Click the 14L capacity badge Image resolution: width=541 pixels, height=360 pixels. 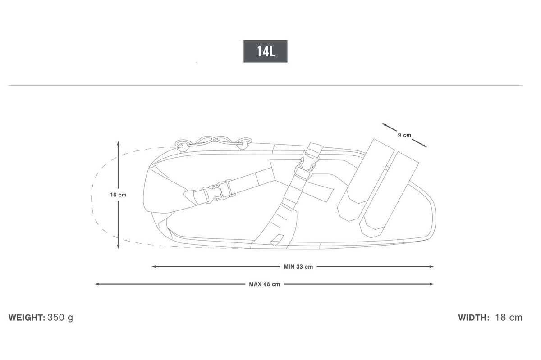(x=266, y=51)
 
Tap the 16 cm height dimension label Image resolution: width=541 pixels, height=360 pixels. (x=118, y=195)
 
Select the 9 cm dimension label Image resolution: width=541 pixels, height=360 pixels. (x=404, y=135)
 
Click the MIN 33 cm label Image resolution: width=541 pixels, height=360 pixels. (x=298, y=267)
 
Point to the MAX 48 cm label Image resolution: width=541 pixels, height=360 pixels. (x=265, y=284)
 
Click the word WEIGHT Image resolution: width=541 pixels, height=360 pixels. (x=27, y=318)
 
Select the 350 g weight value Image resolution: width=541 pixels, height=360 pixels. (x=60, y=318)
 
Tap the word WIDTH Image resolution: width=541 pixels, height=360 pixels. (x=474, y=318)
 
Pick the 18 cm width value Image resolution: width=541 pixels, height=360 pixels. (x=509, y=318)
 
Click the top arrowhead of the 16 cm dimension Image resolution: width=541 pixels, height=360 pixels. (x=118, y=143)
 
